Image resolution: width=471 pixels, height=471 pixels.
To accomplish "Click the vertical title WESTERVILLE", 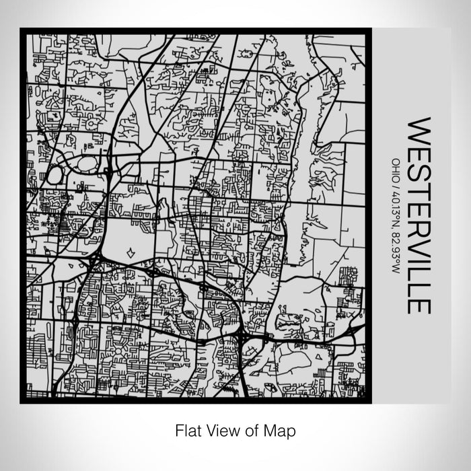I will (419, 216).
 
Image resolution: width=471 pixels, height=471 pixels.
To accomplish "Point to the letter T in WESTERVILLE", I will (419, 186).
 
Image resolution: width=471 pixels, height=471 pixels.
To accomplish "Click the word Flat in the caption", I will (188, 429).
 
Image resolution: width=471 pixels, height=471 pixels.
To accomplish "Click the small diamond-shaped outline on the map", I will (130, 253).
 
